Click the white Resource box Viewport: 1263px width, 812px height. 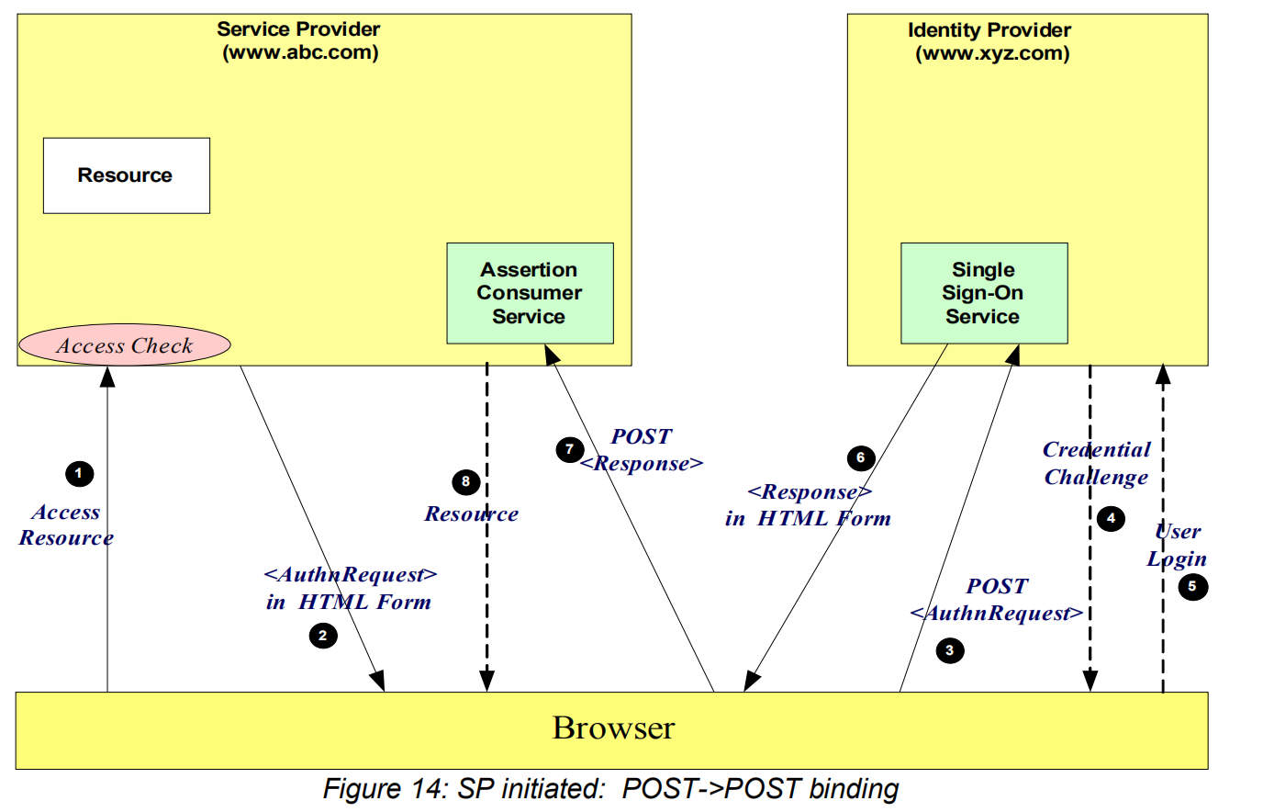click(x=126, y=175)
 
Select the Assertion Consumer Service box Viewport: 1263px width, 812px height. click(x=530, y=293)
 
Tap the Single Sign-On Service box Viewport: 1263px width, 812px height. click(x=983, y=293)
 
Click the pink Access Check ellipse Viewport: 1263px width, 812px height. click(x=125, y=345)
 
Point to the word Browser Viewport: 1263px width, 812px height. click(x=613, y=727)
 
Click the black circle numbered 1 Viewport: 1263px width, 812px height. click(x=79, y=474)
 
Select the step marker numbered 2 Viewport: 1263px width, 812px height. click(x=322, y=636)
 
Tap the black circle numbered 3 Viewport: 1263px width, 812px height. click(x=950, y=650)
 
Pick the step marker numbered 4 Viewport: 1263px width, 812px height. click(x=1111, y=518)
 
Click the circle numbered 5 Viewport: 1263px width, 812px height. click(x=1192, y=586)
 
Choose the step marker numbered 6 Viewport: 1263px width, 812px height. click(x=860, y=457)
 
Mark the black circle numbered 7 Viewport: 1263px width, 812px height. click(x=570, y=449)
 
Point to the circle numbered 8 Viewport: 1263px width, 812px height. click(x=465, y=481)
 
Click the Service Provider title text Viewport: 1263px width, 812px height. click(x=298, y=29)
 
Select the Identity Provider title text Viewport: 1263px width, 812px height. click(x=989, y=30)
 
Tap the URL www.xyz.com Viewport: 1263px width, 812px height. click(x=992, y=53)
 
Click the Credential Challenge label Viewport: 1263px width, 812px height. click(x=1096, y=463)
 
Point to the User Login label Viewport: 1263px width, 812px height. click(x=1177, y=545)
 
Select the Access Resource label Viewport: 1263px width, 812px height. click(x=66, y=524)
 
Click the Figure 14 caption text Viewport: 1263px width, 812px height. click(x=610, y=789)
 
